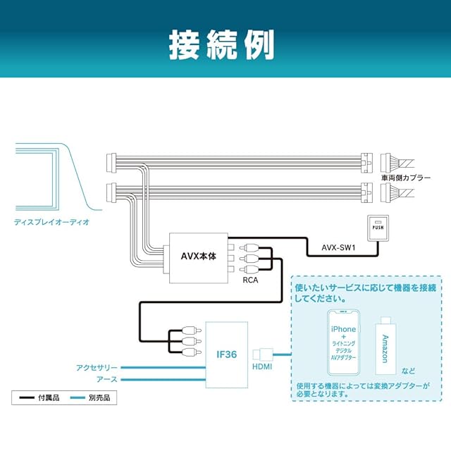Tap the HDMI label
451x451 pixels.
[x=262, y=366]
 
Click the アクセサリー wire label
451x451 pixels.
[x=98, y=368]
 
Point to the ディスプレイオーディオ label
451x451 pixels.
[x=51, y=222]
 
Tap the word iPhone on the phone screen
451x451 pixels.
[x=342, y=329]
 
